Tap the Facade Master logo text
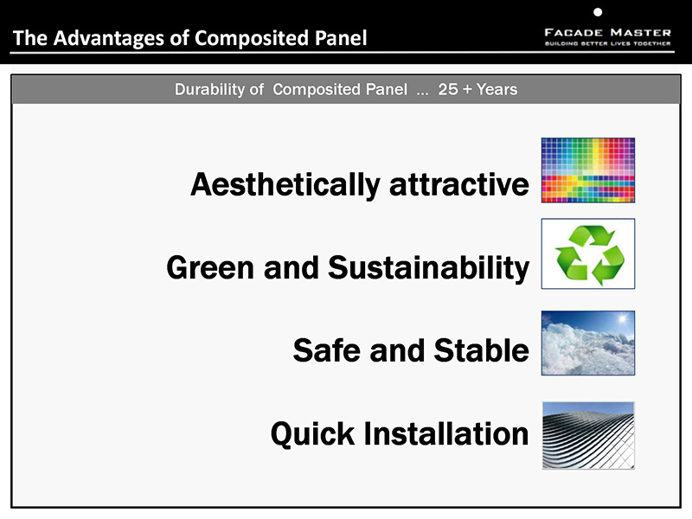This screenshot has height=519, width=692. [x=608, y=33]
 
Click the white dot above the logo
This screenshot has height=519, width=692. [x=598, y=12]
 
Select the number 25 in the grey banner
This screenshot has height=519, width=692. [x=448, y=90]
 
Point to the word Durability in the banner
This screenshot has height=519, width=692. [x=209, y=90]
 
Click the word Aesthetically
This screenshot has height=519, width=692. [x=285, y=185]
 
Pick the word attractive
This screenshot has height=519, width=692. [x=459, y=185]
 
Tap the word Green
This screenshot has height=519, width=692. [x=210, y=267]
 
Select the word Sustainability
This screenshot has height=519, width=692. [x=428, y=268]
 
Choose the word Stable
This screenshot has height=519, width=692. [x=482, y=350]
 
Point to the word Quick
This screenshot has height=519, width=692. [x=312, y=434]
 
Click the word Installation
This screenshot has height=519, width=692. [x=445, y=433]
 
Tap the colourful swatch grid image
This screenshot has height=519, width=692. [x=588, y=170]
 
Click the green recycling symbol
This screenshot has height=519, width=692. [x=590, y=255]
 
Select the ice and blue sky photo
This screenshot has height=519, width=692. [x=588, y=343]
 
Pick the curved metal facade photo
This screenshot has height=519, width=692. [x=588, y=435]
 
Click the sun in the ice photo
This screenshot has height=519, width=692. [x=623, y=318]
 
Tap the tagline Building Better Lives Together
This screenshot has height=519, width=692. [x=608, y=44]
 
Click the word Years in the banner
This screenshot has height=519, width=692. [x=497, y=90]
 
